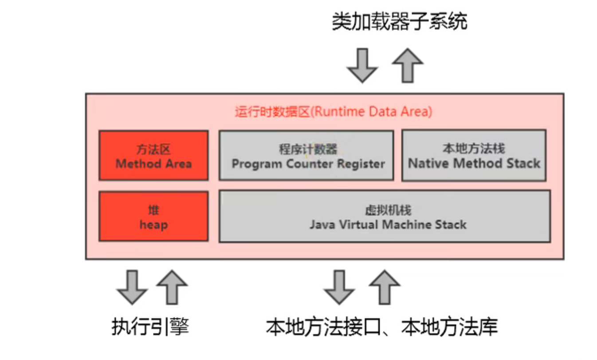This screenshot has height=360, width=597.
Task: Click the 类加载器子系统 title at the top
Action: click(x=399, y=21)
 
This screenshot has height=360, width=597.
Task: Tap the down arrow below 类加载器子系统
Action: click(x=362, y=66)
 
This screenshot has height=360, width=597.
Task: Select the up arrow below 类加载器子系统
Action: click(x=408, y=66)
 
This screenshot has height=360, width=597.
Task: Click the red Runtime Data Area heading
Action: click(x=334, y=112)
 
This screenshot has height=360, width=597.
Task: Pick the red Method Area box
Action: click(x=153, y=155)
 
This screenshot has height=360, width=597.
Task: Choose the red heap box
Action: click(x=153, y=216)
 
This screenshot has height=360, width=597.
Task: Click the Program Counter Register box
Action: click(x=306, y=155)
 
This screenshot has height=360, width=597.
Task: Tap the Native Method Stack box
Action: click(x=474, y=155)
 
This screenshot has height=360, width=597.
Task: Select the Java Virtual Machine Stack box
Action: click(x=385, y=216)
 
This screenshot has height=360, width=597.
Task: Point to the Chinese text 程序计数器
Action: click(x=308, y=149)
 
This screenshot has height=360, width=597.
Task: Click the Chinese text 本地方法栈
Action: click(x=474, y=149)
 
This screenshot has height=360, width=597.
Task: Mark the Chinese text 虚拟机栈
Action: click(x=388, y=210)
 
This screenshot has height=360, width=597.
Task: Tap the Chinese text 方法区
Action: click(x=153, y=149)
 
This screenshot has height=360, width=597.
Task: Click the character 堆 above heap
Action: click(x=153, y=210)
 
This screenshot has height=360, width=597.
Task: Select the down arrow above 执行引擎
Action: click(x=132, y=287)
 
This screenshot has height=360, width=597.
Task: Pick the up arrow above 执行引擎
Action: click(x=172, y=287)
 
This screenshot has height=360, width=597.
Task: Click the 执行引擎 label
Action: click(x=150, y=326)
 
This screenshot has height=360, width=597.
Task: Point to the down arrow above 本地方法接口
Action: click(x=339, y=287)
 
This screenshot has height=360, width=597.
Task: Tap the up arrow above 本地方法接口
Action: click(x=385, y=287)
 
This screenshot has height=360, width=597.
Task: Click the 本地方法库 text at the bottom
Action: click(x=449, y=326)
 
